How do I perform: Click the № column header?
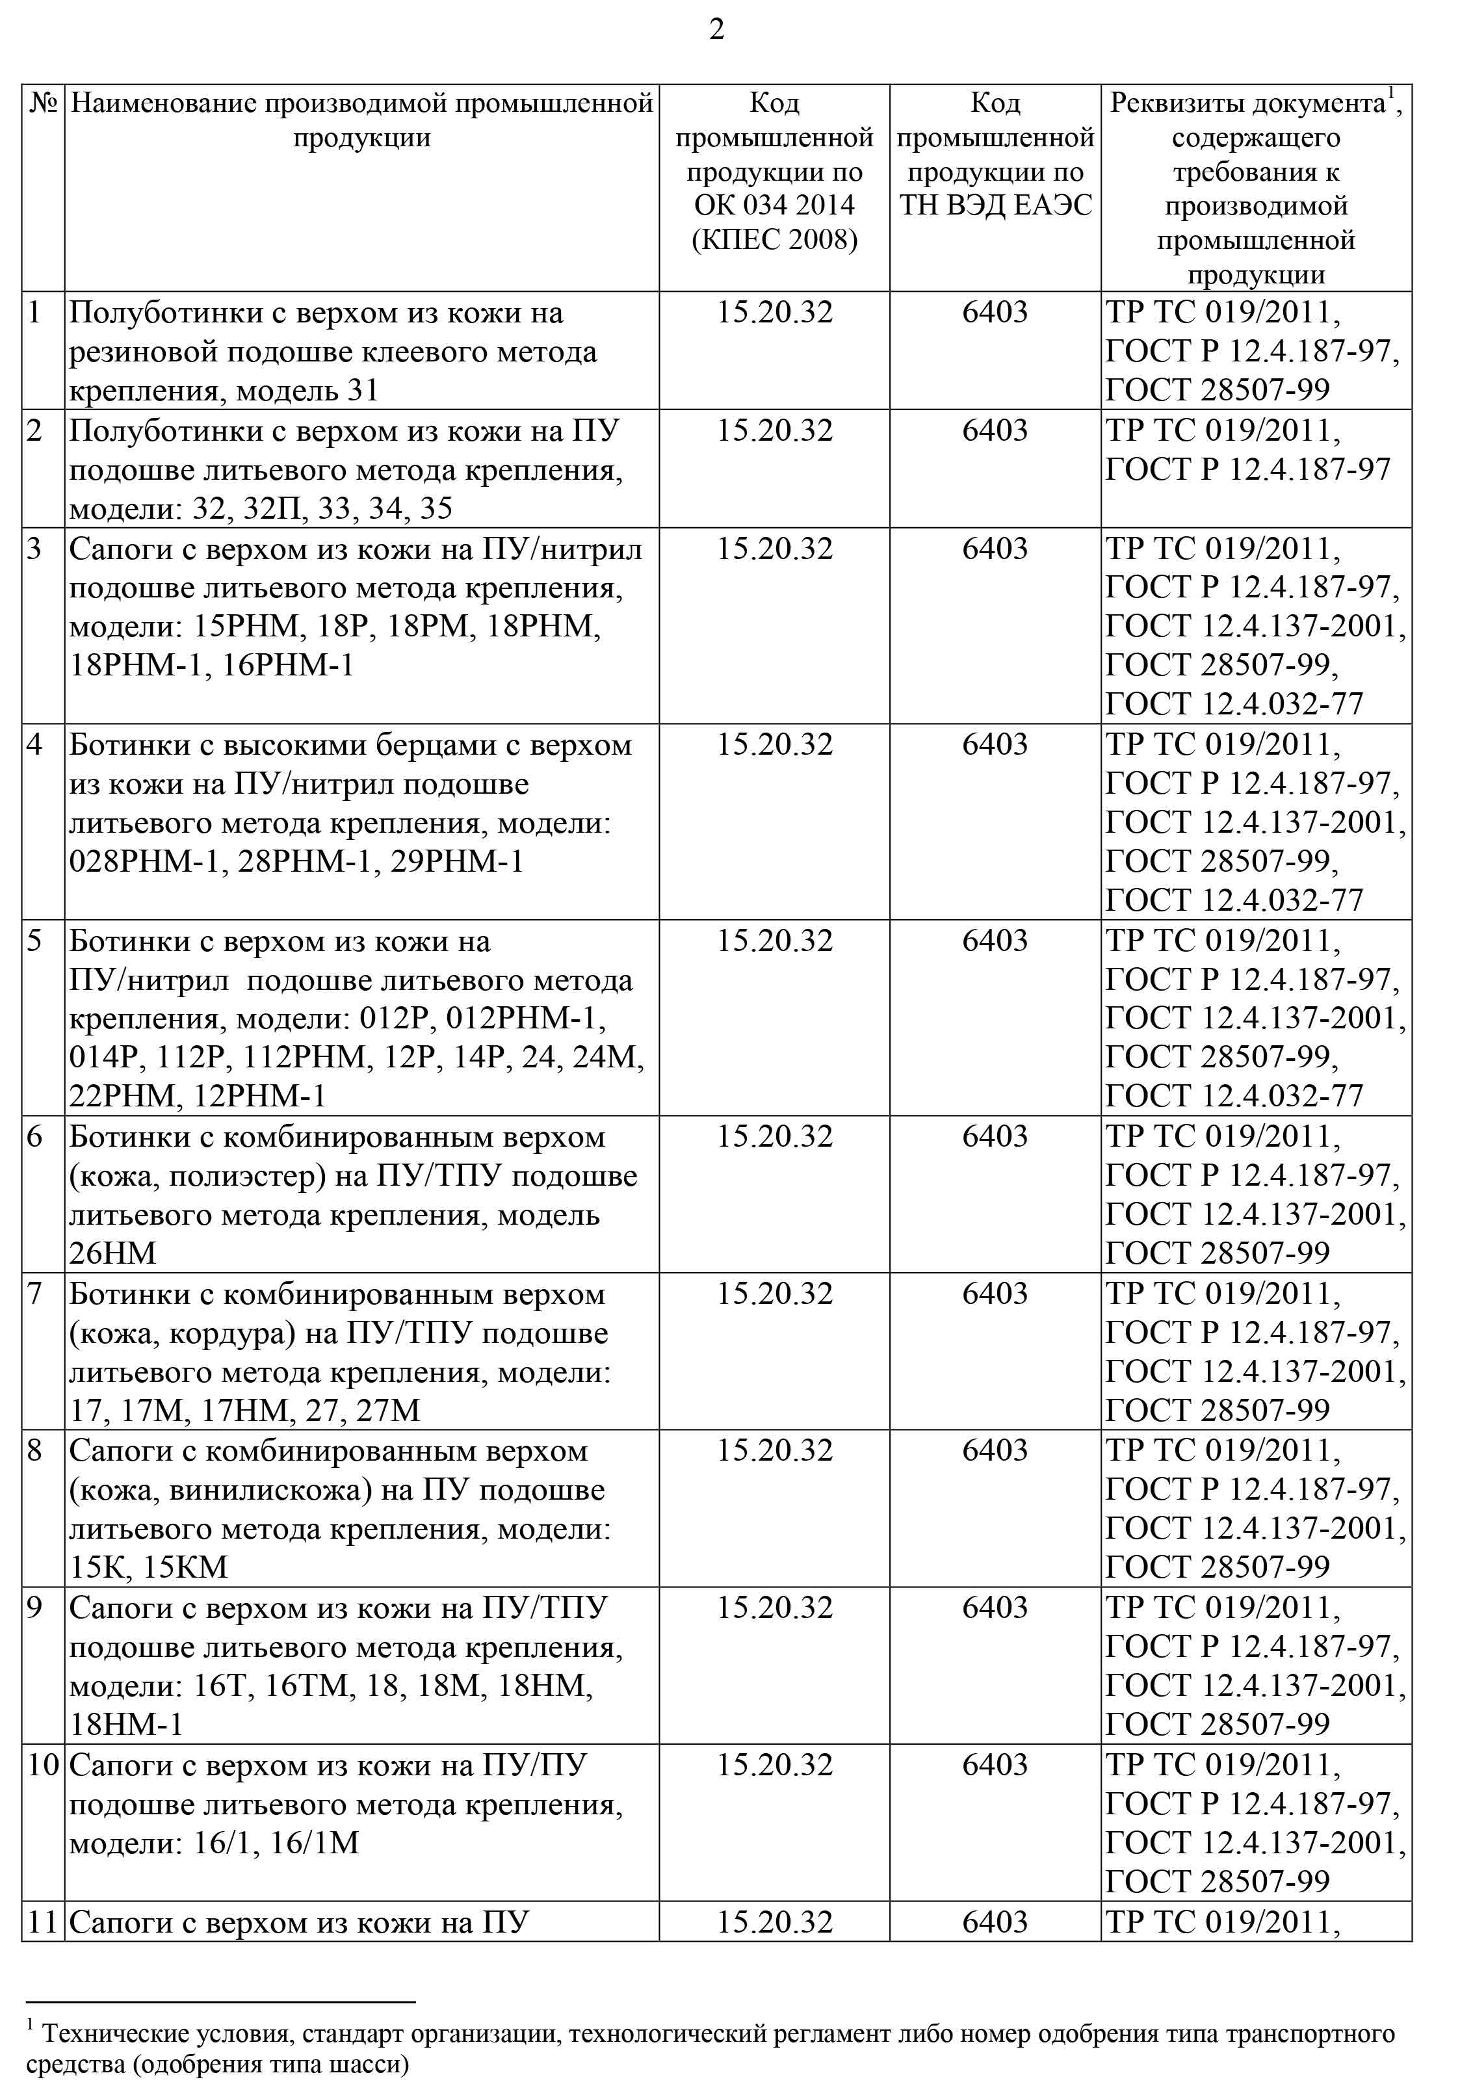43,103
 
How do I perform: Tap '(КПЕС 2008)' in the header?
774,240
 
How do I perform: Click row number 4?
34,745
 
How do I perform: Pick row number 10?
43,1766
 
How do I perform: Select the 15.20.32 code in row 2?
774,430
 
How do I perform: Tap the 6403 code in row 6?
995,1136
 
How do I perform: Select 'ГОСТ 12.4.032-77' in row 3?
1234,704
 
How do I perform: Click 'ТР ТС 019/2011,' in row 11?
1223,1922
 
